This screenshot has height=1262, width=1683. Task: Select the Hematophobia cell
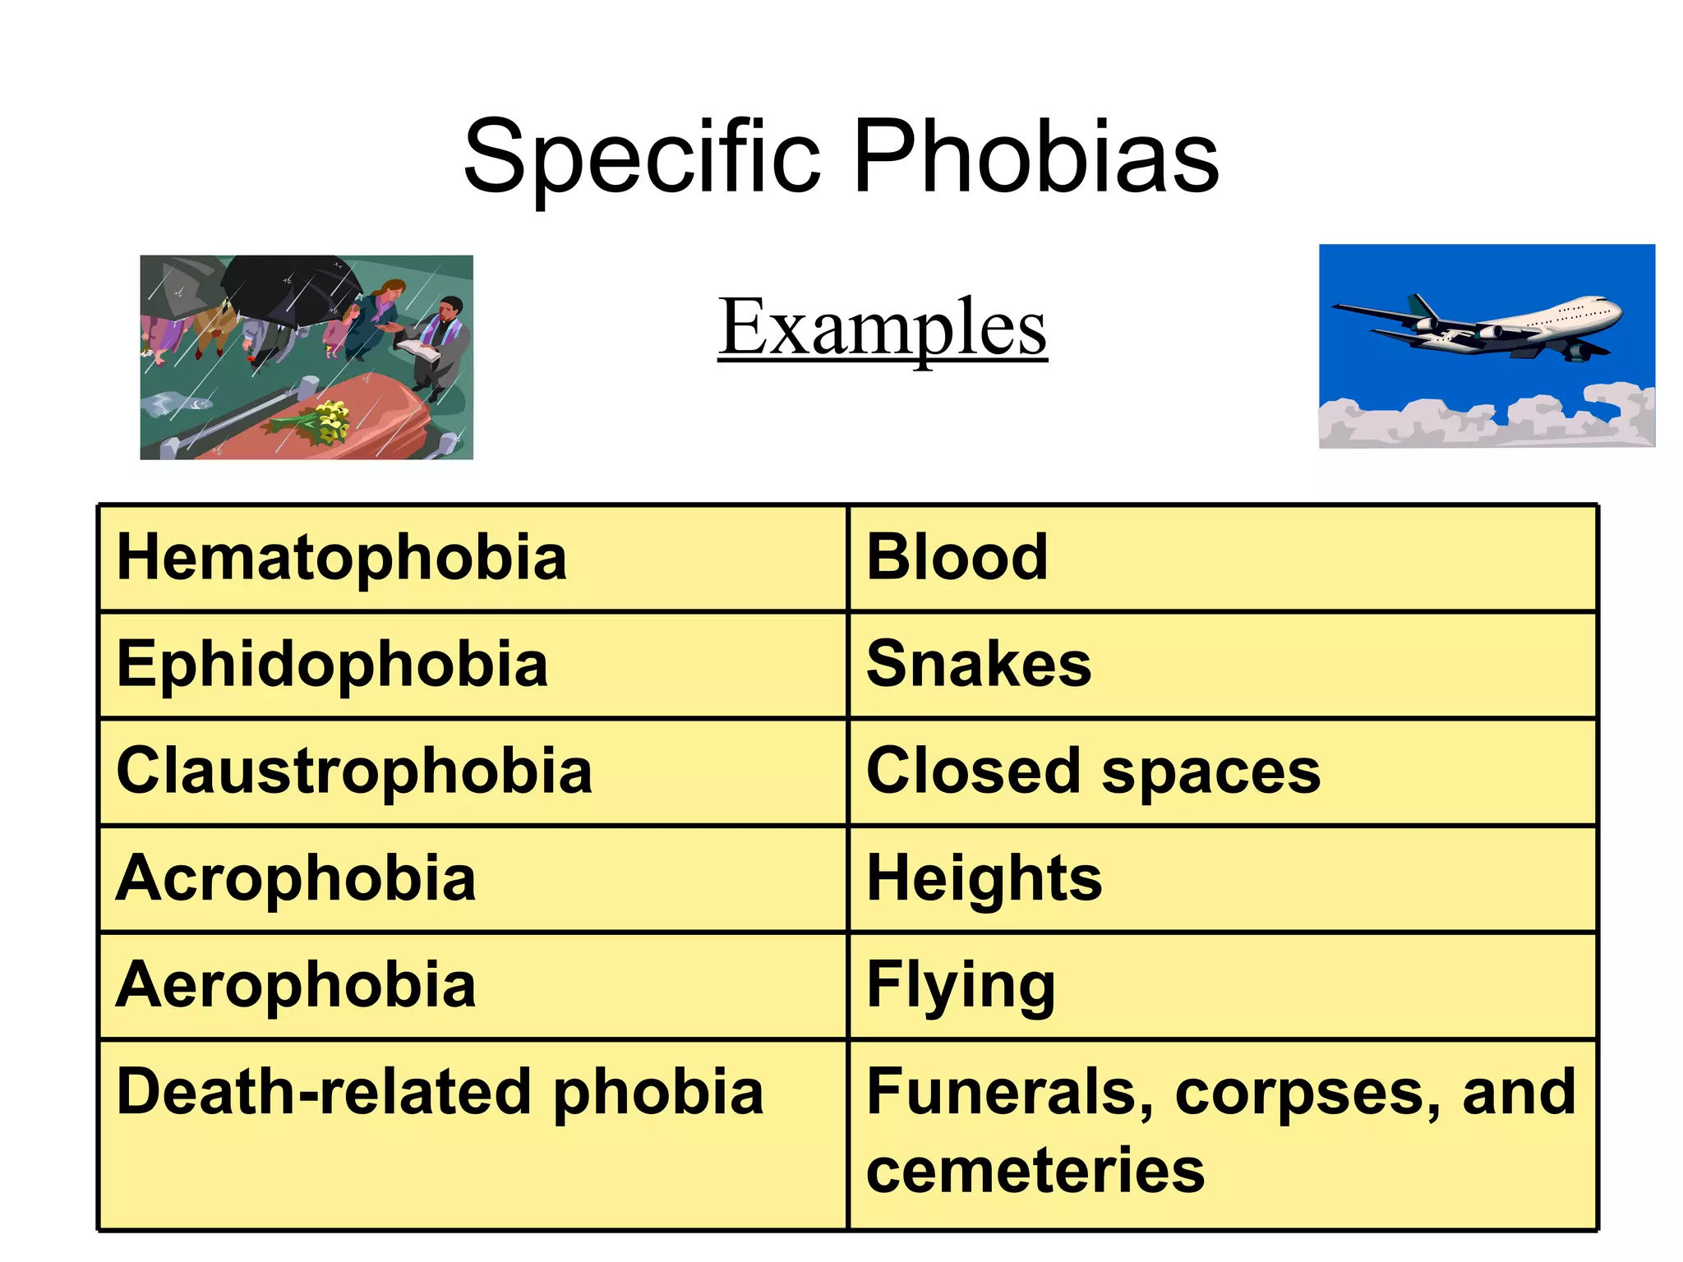[x=342, y=558]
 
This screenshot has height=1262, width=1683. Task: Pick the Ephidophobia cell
[x=332, y=665]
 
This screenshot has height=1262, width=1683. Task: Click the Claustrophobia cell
[x=354, y=771]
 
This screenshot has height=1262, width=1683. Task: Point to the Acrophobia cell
[x=296, y=878]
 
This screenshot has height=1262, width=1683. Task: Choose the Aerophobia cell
[x=296, y=985]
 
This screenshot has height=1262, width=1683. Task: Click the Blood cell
[x=957, y=558]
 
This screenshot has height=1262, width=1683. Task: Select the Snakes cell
[x=979, y=665]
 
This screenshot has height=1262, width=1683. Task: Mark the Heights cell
[x=984, y=878]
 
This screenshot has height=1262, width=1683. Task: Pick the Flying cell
[x=961, y=985]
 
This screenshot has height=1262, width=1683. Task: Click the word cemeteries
[x=1035, y=1170]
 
